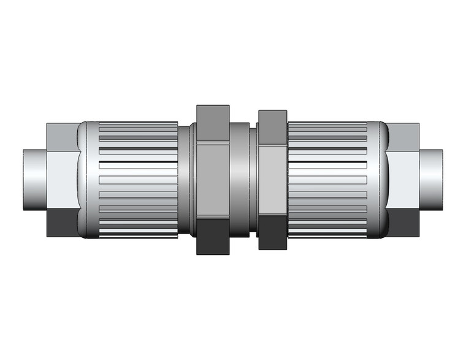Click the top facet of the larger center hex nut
213,123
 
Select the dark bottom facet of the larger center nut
213,236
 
